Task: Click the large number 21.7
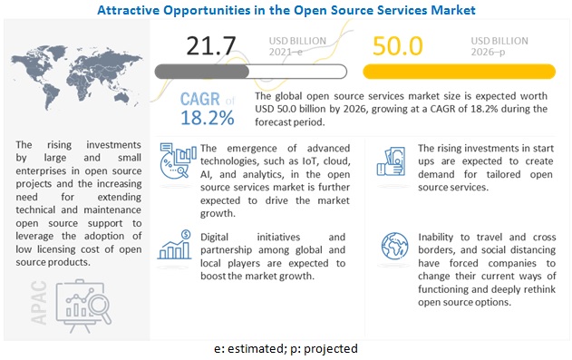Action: click(x=211, y=46)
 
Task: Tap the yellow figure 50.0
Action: click(x=398, y=46)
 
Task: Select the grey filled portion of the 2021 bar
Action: click(x=202, y=72)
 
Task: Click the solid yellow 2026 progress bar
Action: click(x=459, y=72)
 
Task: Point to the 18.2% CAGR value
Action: click(x=208, y=118)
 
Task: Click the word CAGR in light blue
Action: click(x=200, y=99)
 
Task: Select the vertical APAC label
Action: click(x=39, y=302)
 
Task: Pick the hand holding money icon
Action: click(x=391, y=161)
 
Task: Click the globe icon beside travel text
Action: click(x=394, y=246)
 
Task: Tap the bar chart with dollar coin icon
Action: click(x=175, y=245)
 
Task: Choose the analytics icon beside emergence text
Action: click(x=176, y=161)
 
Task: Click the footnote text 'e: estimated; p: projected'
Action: click(x=286, y=349)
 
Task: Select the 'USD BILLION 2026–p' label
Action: click(x=499, y=46)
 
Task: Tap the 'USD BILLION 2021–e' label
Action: click(x=297, y=46)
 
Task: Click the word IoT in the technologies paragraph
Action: click(x=309, y=161)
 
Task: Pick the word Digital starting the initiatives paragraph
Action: click(x=214, y=238)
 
